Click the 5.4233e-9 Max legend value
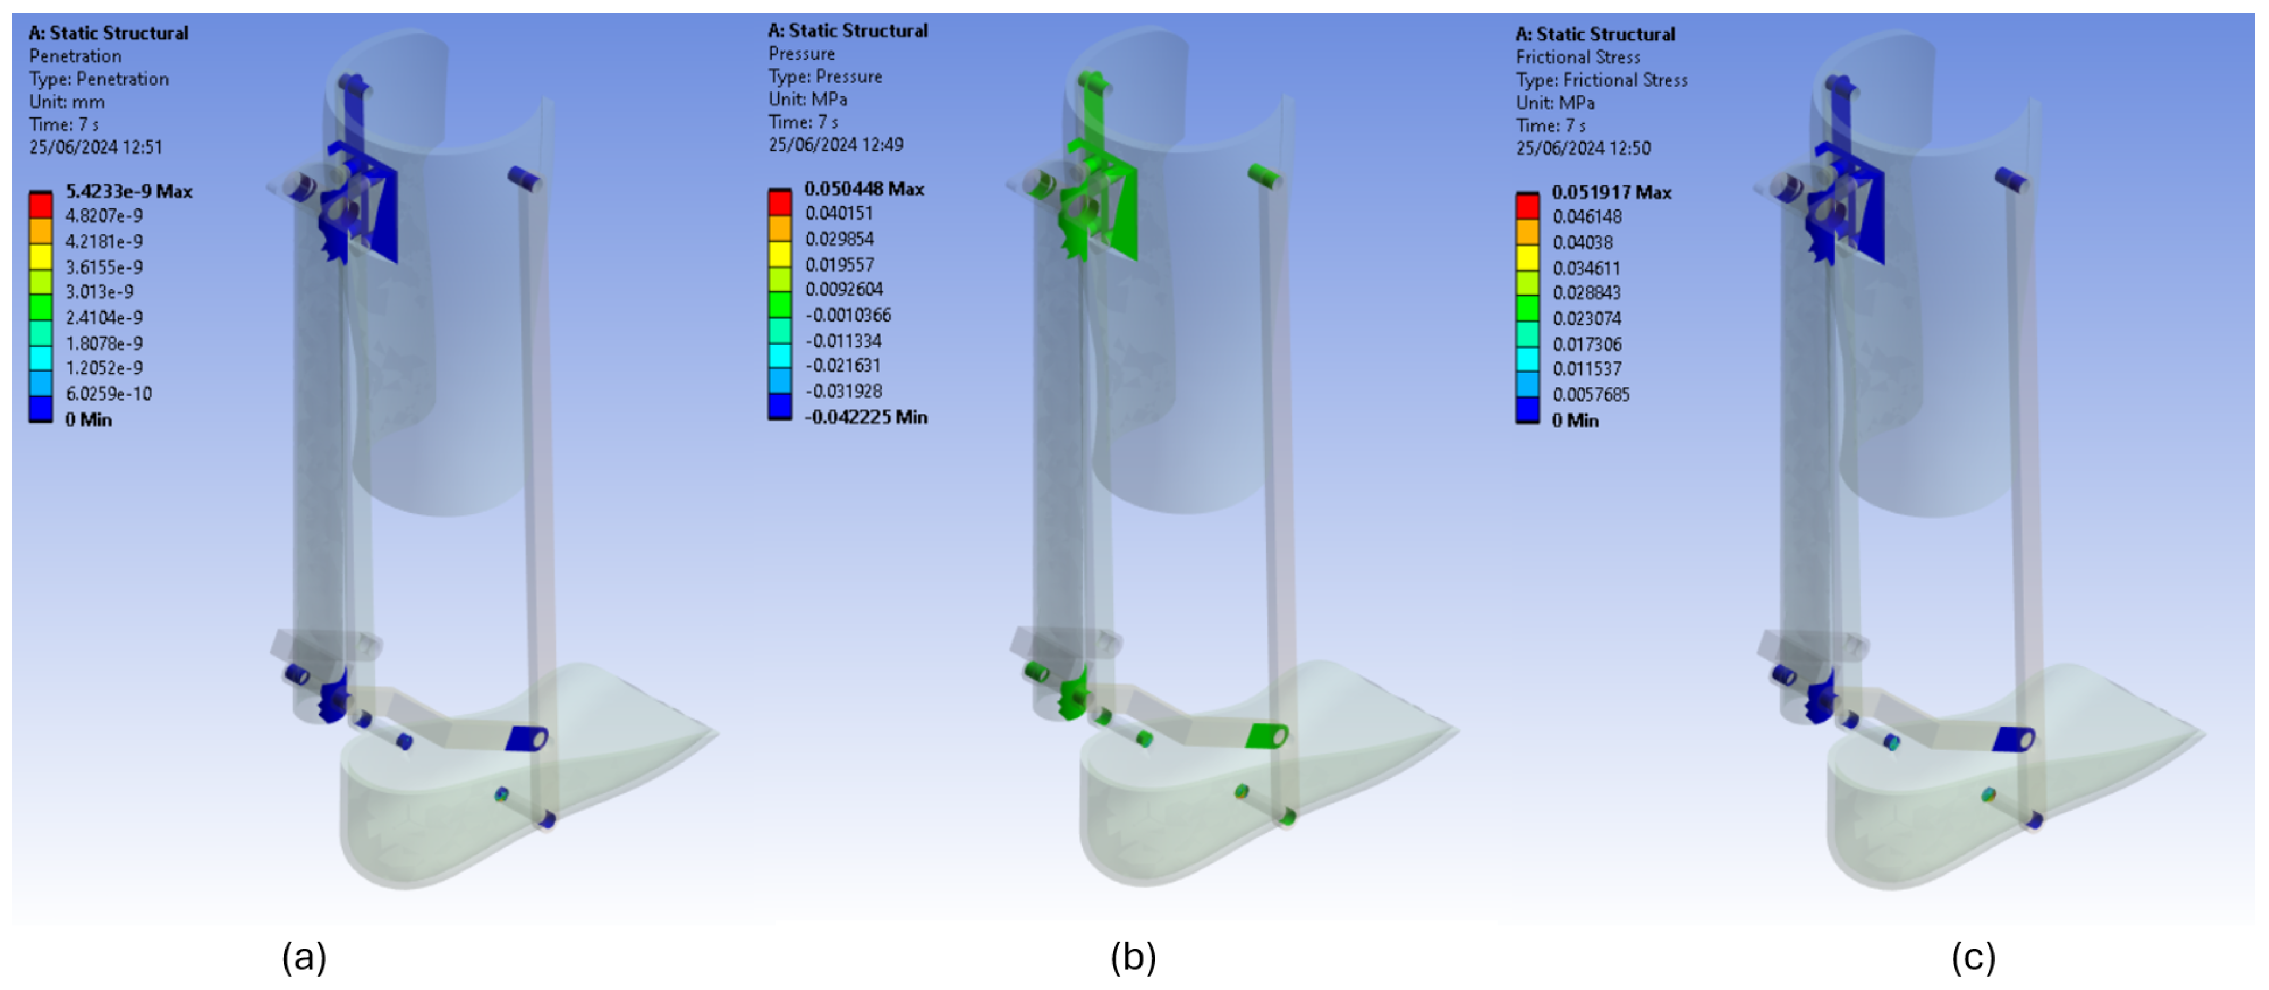point(129,191)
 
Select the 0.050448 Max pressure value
point(864,189)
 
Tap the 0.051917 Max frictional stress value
point(1611,192)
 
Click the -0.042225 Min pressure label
point(866,416)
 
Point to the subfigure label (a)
point(304,957)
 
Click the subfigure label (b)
point(1133,957)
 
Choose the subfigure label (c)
point(1973,957)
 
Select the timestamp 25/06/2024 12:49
point(836,144)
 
